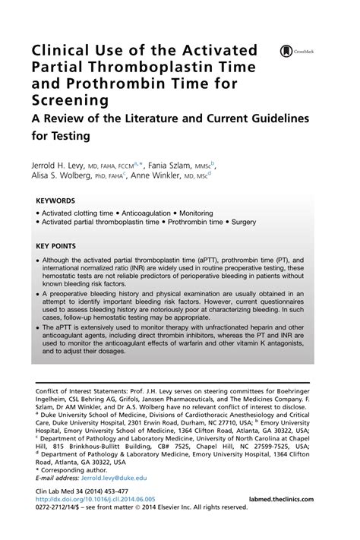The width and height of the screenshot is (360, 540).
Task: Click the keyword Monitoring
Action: tap(196, 213)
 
